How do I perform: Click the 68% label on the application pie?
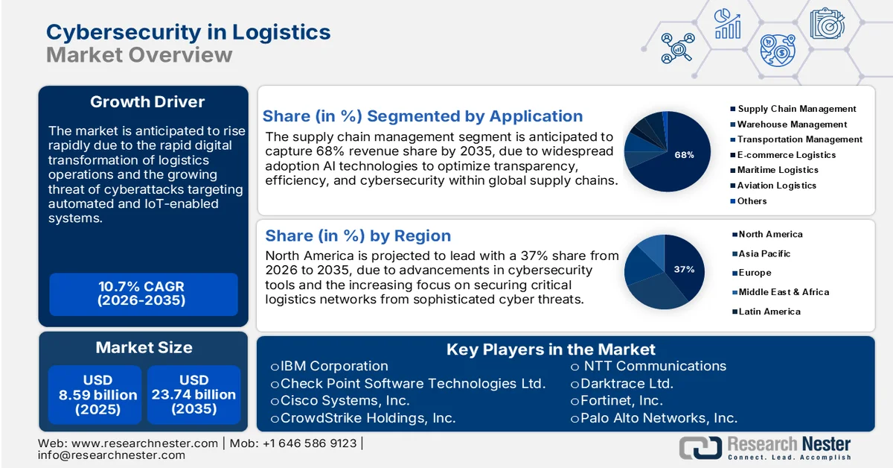pos(684,155)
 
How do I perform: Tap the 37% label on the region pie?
pos(684,269)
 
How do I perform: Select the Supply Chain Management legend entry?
pos(796,109)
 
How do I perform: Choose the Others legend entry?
pos(752,201)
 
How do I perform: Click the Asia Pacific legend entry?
pos(764,253)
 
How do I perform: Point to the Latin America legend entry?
pos(769,312)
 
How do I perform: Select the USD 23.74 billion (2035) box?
pos(193,395)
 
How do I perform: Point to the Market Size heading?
pos(144,347)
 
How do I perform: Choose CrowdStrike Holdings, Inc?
pos(368,418)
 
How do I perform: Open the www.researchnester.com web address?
pos(144,443)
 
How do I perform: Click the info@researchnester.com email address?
pos(112,455)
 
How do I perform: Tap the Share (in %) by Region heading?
pos(358,236)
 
